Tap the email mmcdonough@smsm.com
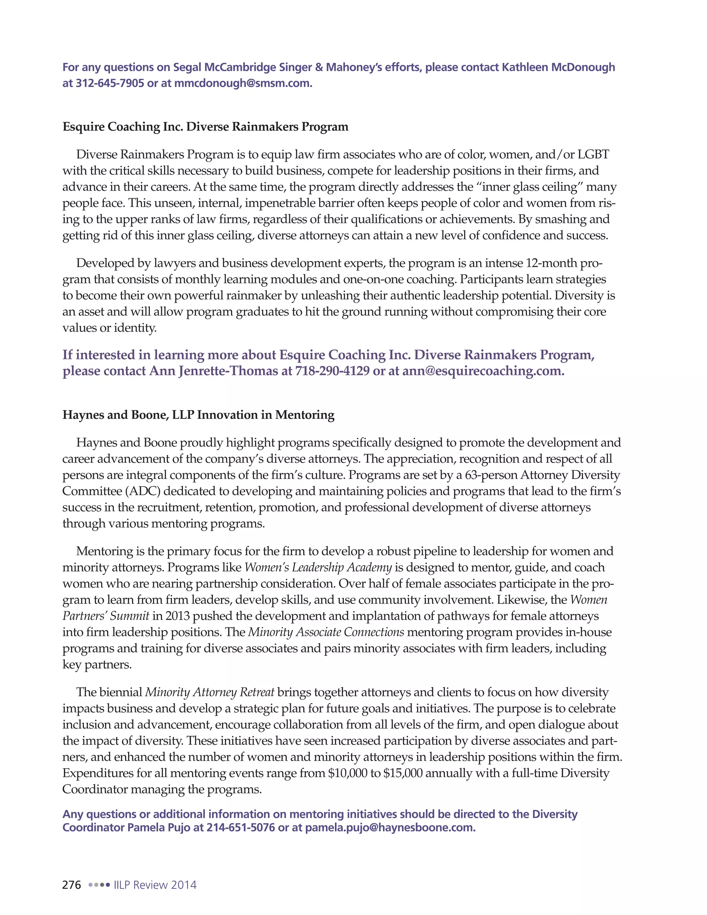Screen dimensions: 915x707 pos(243,83)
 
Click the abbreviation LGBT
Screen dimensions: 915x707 pos(593,155)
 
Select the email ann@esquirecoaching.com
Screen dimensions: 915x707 pos(483,371)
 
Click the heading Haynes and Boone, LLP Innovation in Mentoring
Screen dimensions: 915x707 pos(198,415)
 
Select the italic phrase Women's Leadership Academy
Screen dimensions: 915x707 pos(318,568)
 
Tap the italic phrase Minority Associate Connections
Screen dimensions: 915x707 pos(326,632)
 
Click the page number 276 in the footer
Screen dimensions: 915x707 pos(71,885)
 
